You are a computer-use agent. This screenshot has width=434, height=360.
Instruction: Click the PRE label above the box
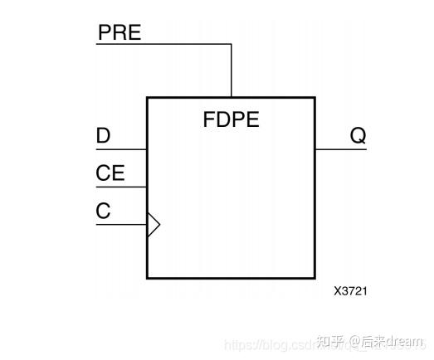[x=120, y=33]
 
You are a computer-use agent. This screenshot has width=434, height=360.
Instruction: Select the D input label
[x=104, y=135]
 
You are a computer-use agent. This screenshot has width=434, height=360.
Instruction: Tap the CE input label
[x=110, y=173]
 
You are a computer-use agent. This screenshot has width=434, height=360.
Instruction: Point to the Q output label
[x=358, y=136]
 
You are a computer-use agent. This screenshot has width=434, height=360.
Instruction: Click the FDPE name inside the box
[x=231, y=119]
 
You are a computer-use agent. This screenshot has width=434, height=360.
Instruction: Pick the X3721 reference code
[x=350, y=291]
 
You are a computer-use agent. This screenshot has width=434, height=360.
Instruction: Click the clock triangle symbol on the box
[x=153, y=224]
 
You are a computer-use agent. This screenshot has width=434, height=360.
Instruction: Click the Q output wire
[x=340, y=150]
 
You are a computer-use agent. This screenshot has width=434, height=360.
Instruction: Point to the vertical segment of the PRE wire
[x=231, y=71]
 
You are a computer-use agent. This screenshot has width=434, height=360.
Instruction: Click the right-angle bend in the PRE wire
[x=231, y=44]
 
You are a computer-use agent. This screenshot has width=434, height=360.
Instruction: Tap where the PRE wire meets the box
[x=231, y=98]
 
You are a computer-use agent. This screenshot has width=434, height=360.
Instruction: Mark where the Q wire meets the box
[x=315, y=150]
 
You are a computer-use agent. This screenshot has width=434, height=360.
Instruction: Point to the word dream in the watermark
[x=404, y=341]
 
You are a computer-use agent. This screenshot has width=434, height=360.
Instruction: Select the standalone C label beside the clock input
[x=103, y=211]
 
